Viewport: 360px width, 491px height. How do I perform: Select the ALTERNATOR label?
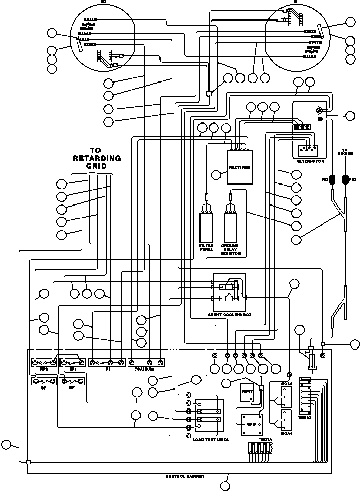point(310,161)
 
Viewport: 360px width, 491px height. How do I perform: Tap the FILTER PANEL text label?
point(206,248)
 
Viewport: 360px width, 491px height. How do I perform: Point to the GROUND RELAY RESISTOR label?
point(231,250)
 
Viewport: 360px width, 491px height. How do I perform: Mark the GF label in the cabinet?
point(43,388)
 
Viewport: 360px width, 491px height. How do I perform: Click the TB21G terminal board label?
point(305,418)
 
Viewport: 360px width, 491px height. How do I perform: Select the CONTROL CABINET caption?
point(185,476)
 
